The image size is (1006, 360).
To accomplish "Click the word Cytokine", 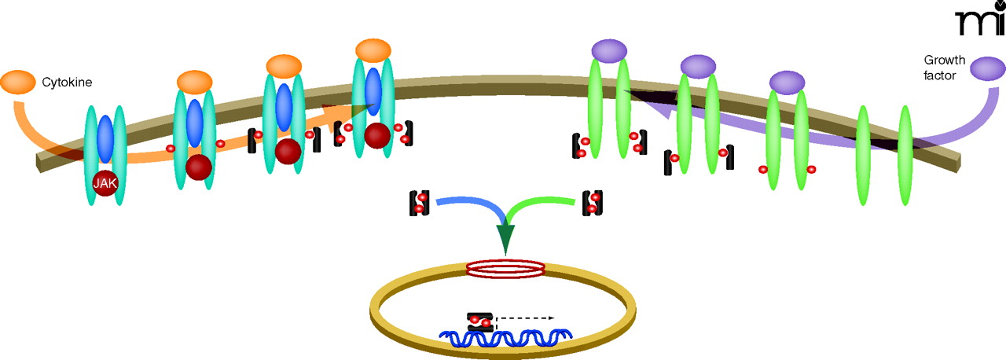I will coord(68,82).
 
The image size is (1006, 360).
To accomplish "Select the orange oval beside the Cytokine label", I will coord(17,81).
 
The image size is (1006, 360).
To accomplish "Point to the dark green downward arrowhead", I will coord(504,237).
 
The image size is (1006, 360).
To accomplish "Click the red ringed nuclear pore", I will coord(505,269).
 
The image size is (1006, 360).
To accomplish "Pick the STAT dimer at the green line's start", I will coord(592,203).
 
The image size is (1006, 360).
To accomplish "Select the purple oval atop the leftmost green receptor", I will coord(608,51).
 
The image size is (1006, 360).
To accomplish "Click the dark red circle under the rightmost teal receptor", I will coord(378,135).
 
